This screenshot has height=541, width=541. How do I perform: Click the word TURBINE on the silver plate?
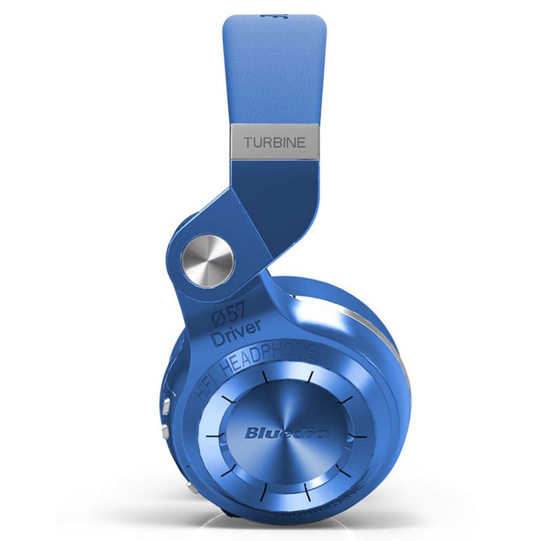point(275,143)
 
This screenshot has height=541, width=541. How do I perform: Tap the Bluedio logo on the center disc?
point(280,432)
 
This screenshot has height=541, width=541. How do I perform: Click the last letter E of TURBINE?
point(302,143)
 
